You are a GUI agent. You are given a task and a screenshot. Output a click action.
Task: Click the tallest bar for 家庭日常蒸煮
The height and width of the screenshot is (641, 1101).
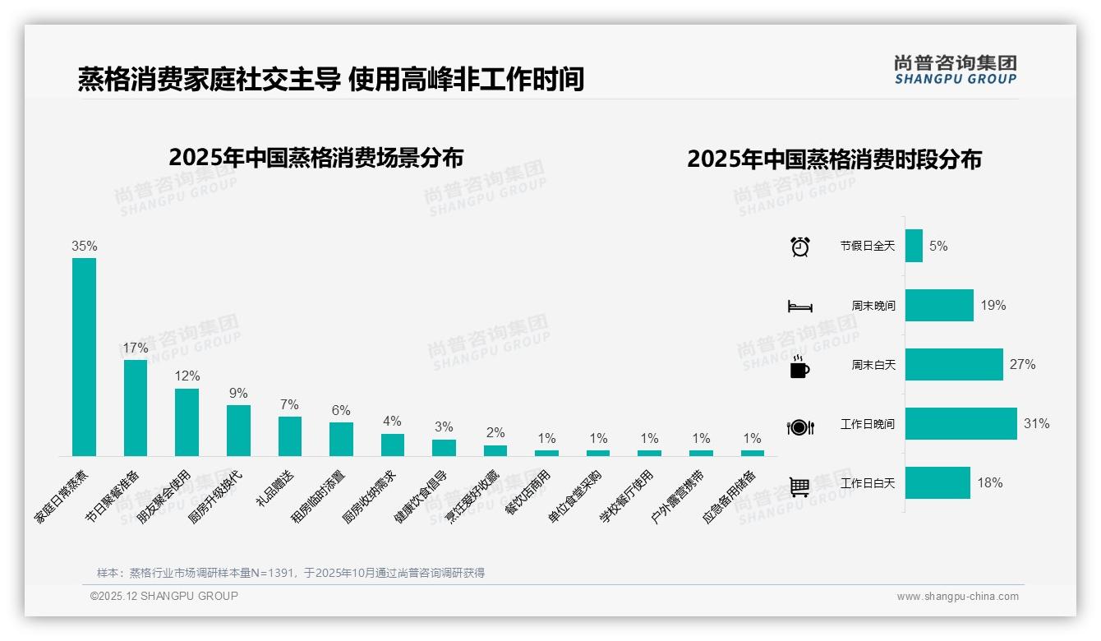pos(84,357)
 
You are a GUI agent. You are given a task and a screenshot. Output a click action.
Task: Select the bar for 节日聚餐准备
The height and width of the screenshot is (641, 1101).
pos(136,408)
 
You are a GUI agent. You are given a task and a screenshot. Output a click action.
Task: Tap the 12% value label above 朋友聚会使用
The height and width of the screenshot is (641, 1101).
pos(187,376)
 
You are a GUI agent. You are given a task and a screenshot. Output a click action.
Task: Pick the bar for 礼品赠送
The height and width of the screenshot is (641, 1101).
pos(290,436)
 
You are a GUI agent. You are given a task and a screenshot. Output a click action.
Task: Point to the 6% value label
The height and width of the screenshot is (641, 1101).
pos(341,410)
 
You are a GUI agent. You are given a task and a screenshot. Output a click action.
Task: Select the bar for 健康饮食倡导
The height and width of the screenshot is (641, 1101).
pos(444,447)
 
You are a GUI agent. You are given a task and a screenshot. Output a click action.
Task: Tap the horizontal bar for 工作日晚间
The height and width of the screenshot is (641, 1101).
pos(960,424)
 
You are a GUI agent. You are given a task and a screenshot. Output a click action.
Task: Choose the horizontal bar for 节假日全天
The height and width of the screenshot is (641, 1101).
pos(914,246)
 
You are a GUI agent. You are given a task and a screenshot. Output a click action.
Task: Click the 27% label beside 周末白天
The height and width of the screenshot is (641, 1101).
pos(1022,365)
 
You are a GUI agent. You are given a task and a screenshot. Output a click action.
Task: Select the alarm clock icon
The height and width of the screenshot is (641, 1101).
pos(800,247)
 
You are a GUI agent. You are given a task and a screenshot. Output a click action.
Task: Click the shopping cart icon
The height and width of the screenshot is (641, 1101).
pos(799,487)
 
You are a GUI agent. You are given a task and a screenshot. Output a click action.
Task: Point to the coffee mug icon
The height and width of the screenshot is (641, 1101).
pos(799,367)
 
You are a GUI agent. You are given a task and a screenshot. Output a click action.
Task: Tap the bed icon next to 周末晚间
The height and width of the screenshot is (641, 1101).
pos(799,307)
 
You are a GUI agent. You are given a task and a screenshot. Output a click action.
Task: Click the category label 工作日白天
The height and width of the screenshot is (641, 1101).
pos(868,483)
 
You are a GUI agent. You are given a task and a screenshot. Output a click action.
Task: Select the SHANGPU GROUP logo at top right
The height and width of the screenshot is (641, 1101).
pos(955,70)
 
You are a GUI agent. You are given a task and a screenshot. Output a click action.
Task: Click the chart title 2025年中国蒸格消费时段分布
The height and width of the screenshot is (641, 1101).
pos(834,159)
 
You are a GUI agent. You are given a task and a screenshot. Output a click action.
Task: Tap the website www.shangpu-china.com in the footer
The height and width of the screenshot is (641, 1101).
pos(957,597)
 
